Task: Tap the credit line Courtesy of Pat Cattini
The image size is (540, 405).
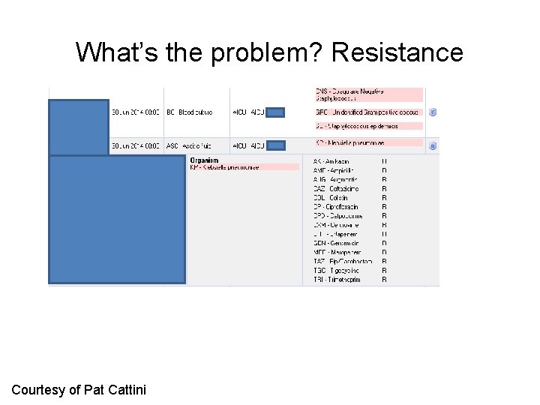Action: tap(79, 389)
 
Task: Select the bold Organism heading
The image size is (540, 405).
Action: tap(204, 160)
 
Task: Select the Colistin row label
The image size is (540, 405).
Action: tap(331, 198)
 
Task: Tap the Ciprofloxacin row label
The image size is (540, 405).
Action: tap(336, 207)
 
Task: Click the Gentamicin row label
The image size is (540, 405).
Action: tap(336, 243)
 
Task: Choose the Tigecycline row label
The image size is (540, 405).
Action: tap(336, 270)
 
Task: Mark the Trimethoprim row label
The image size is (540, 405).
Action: tap(337, 280)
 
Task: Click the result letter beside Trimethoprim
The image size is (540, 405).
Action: tap(384, 280)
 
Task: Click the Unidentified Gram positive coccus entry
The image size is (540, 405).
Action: tap(367, 112)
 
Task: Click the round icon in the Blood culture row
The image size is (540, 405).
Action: tap(433, 112)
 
